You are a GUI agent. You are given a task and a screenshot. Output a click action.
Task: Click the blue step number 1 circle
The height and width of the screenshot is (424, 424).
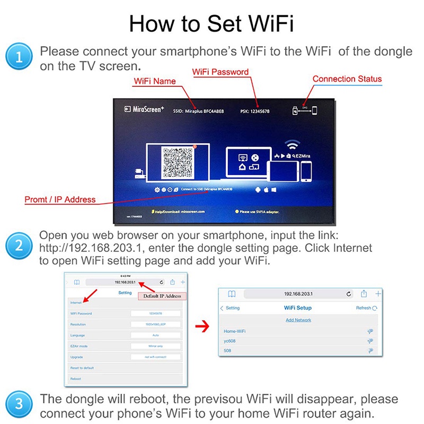click(x=19, y=58)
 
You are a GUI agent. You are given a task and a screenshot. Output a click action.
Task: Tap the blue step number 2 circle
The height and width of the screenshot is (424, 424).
click(x=19, y=246)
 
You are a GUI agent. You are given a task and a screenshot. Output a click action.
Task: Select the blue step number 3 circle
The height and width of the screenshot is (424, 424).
click(x=19, y=405)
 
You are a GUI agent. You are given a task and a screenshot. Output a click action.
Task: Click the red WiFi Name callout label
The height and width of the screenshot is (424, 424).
click(x=154, y=81)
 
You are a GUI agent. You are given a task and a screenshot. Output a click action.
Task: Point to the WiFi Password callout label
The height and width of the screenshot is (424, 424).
click(x=220, y=72)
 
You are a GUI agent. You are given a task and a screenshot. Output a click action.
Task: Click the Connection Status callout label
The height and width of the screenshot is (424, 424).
click(x=347, y=79)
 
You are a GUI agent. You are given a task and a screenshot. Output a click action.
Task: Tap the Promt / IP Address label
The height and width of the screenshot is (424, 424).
click(x=60, y=200)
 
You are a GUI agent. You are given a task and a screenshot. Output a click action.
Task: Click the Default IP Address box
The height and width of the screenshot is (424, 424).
click(x=160, y=296)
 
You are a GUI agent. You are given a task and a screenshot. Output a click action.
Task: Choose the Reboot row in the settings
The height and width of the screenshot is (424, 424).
click(x=75, y=379)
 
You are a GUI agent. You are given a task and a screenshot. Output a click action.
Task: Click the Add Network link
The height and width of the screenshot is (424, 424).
click(x=298, y=320)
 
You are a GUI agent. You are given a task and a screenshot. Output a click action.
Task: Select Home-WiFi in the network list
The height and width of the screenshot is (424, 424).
click(x=235, y=331)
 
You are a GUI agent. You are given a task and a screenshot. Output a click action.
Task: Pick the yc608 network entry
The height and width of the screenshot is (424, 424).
click(x=230, y=341)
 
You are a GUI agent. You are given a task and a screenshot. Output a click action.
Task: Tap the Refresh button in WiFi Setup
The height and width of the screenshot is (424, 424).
click(x=366, y=308)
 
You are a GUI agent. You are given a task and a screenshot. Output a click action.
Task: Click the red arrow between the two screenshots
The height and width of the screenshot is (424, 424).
click(x=200, y=325)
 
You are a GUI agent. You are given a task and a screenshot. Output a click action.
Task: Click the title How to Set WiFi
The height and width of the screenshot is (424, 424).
click(x=211, y=24)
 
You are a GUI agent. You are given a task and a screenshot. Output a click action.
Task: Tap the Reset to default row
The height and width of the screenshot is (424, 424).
click(x=82, y=368)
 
